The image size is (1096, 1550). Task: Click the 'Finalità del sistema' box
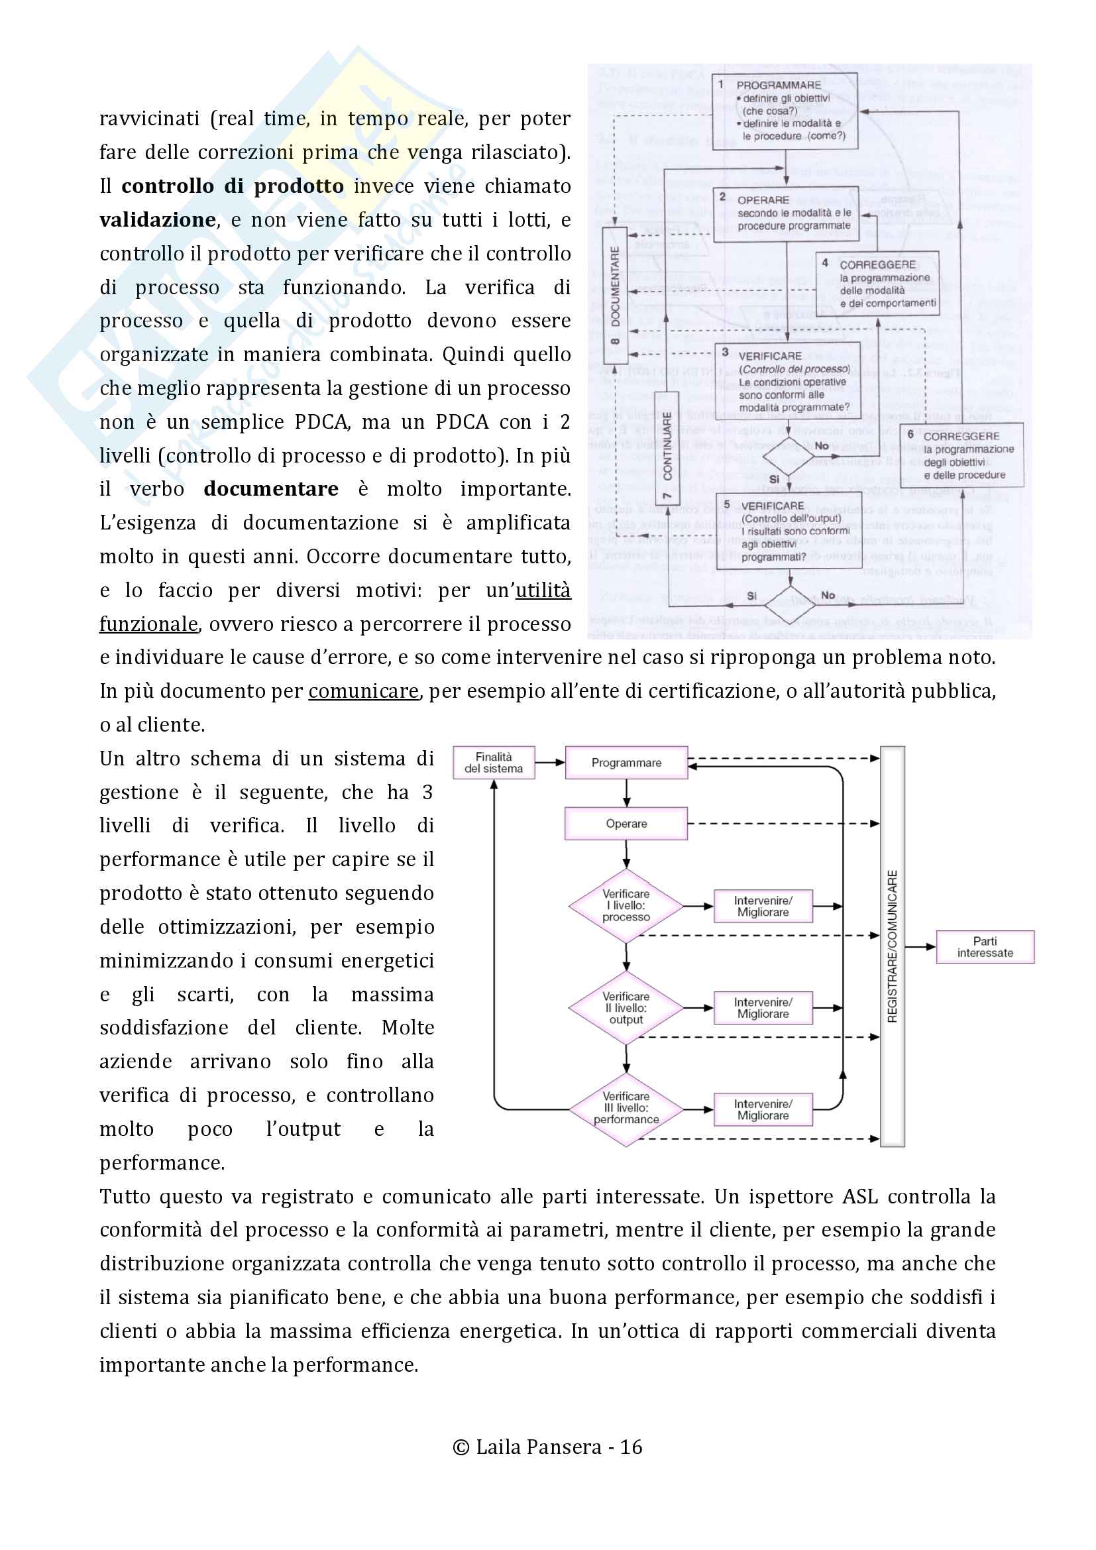pyautogui.click(x=494, y=763)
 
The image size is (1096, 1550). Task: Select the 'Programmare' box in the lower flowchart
pyautogui.click(x=626, y=763)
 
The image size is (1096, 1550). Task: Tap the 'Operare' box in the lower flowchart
pyautogui.click(x=626, y=824)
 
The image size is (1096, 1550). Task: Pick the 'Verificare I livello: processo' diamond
pyautogui.click(x=626, y=906)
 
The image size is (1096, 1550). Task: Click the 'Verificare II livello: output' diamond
pyautogui.click(x=626, y=1008)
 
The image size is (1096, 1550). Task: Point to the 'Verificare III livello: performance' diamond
pyautogui.click(x=626, y=1109)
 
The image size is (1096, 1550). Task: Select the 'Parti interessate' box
pyautogui.click(x=985, y=946)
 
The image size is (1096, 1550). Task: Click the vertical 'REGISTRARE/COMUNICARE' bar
pyautogui.click(x=892, y=946)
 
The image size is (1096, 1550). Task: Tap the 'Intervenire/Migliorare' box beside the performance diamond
pyautogui.click(x=763, y=1109)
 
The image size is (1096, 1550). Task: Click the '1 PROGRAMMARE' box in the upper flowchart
pyautogui.click(x=785, y=111)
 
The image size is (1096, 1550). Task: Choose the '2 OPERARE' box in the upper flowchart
pyautogui.click(x=787, y=214)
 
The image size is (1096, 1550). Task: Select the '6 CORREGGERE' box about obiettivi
pyautogui.click(x=962, y=455)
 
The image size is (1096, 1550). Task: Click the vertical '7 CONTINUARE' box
pyautogui.click(x=667, y=447)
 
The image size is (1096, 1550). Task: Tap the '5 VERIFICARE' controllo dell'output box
pyautogui.click(x=789, y=531)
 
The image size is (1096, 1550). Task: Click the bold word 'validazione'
pyautogui.click(x=157, y=220)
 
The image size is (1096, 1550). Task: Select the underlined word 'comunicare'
pyautogui.click(x=363, y=691)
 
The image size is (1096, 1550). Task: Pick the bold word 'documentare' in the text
pyautogui.click(x=270, y=489)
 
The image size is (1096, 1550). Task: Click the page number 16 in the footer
pyautogui.click(x=631, y=1447)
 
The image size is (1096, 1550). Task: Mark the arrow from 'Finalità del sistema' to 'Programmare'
pyautogui.click(x=549, y=763)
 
